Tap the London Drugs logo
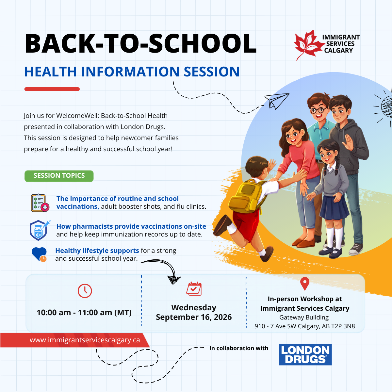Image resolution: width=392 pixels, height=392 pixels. [x=305, y=354]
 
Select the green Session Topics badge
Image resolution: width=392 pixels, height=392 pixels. [x=59, y=176]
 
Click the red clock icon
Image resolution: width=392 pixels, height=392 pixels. [x=85, y=291]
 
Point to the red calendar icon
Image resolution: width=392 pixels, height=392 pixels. [x=194, y=289]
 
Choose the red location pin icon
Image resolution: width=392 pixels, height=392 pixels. [x=305, y=284]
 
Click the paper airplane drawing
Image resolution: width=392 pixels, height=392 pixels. [x=276, y=101]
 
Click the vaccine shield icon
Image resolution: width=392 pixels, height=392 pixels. [x=40, y=230]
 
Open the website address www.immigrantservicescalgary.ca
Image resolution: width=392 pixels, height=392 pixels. [x=85, y=340]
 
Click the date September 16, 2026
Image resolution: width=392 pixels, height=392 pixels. [x=194, y=317]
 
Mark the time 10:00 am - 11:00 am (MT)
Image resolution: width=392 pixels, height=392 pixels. [x=84, y=313]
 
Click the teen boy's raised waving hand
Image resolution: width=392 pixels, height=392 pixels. [x=349, y=142]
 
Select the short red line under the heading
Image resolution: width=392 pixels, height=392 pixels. [x=52, y=89]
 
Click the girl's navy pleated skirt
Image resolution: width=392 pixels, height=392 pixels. [x=334, y=207]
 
